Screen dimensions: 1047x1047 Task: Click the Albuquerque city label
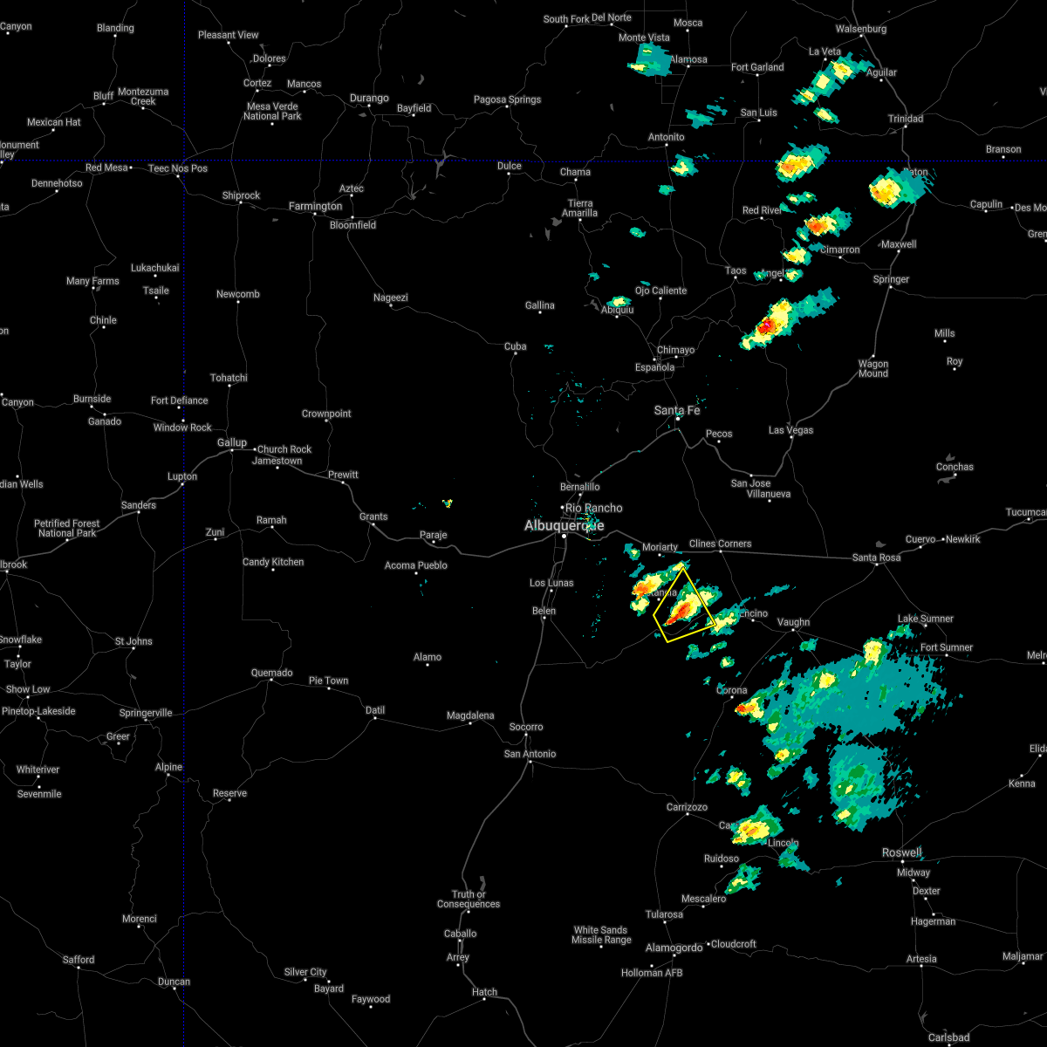pyautogui.click(x=564, y=525)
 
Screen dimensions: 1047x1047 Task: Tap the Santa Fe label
pyautogui.click(x=677, y=410)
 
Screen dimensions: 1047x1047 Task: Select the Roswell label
pyautogui.click(x=901, y=852)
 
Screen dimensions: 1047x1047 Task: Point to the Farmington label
pyautogui.click(x=316, y=207)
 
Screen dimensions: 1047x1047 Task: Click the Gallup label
pyautogui.click(x=232, y=443)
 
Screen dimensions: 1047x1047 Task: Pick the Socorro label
pyautogui.click(x=526, y=727)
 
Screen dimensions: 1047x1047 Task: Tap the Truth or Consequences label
pyautogui.click(x=469, y=899)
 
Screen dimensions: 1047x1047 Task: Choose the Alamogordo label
pyautogui.click(x=674, y=948)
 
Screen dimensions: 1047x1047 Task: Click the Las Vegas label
pyautogui.click(x=790, y=430)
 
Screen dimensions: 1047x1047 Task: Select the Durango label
pyautogui.click(x=369, y=99)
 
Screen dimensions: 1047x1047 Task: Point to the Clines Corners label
pyautogui.click(x=721, y=544)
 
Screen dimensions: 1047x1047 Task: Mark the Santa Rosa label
pyautogui.click(x=876, y=558)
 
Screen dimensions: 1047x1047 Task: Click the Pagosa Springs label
pyautogui.click(x=508, y=99)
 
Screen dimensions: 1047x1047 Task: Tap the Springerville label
pyautogui.click(x=146, y=713)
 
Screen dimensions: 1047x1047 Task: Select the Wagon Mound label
pyautogui.click(x=873, y=369)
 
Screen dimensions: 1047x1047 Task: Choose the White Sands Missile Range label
pyautogui.click(x=601, y=934)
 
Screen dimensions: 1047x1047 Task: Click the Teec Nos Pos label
pyautogui.click(x=178, y=168)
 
